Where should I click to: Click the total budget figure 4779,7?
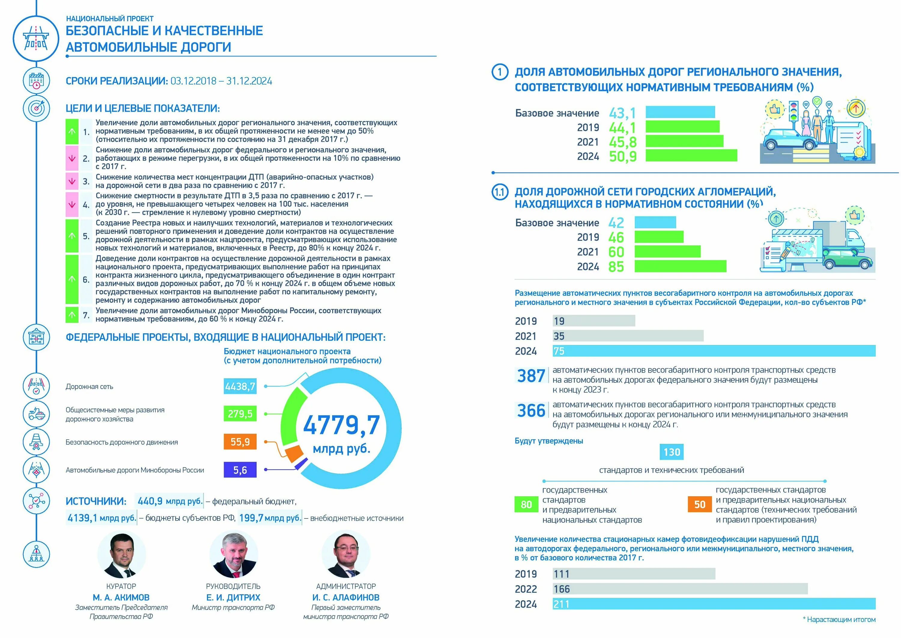pyautogui.click(x=341, y=425)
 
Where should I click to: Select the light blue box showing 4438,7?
pyautogui.click(x=240, y=387)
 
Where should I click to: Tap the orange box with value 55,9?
pyautogui.click(x=240, y=442)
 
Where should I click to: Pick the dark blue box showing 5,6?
pyautogui.click(x=240, y=470)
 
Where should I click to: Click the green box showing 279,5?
pyautogui.click(x=240, y=414)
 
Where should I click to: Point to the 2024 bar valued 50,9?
pyautogui.click(x=691, y=156)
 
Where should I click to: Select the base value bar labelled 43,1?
pyautogui.click(x=680, y=112)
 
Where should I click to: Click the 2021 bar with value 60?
pyautogui.click(x=667, y=251)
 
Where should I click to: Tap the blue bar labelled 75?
pyautogui.click(x=714, y=351)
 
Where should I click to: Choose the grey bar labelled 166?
pyautogui.click(x=680, y=589)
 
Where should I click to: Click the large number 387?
pyautogui.click(x=531, y=376)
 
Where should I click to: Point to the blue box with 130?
pyautogui.click(x=672, y=452)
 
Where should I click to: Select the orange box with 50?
pyautogui.click(x=699, y=505)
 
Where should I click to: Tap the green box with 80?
pyautogui.click(x=526, y=505)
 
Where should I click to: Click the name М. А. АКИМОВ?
pyautogui.click(x=121, y=597)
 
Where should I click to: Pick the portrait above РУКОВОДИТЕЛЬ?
pyautogui.click(x=233, y=555)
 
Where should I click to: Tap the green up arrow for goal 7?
pyautogui.click(x=72, y=315)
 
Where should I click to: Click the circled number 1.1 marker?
pyautogui.click(x=500, y=192)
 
